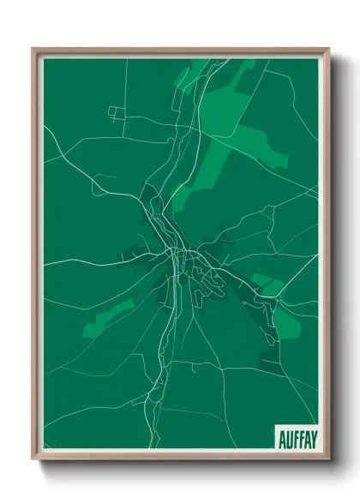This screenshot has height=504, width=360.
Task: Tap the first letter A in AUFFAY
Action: (x=281, y=438)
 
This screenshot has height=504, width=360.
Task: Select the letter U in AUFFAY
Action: (x=287, y=438)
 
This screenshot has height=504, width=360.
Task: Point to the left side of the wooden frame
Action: (x=35, y=257)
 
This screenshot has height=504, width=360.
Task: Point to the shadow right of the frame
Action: (x=336, y=257)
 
